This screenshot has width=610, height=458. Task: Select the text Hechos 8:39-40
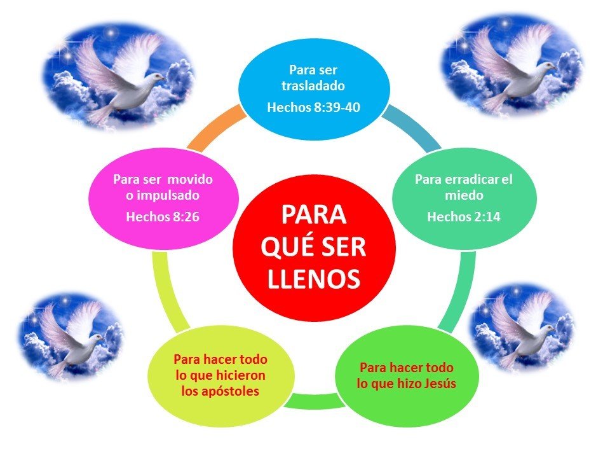314,108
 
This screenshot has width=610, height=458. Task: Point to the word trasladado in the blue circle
313,85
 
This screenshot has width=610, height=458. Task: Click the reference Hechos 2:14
463,217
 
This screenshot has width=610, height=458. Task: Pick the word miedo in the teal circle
463,195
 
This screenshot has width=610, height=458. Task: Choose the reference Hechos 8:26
163,217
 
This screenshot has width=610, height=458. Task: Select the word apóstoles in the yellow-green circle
220,391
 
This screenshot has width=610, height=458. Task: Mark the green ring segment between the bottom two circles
311,401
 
